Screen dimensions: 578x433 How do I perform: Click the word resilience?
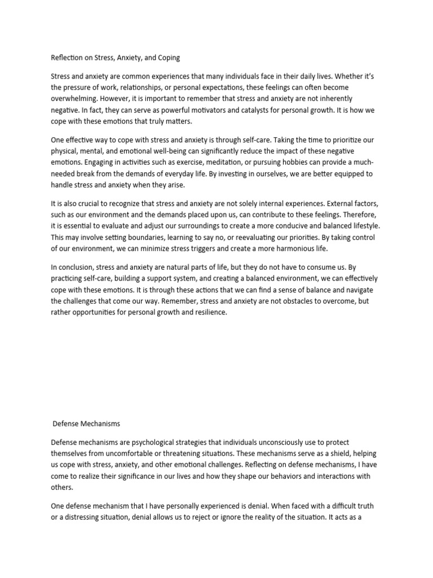click(208, 312)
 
